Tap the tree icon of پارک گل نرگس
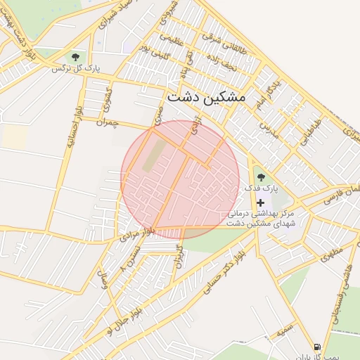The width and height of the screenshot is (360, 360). [75, 56]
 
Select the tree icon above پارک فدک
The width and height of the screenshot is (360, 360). [261, 178]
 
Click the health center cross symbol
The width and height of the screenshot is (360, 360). [261, 202]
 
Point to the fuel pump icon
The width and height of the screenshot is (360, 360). [318, 347]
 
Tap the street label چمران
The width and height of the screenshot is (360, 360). [108, 122]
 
